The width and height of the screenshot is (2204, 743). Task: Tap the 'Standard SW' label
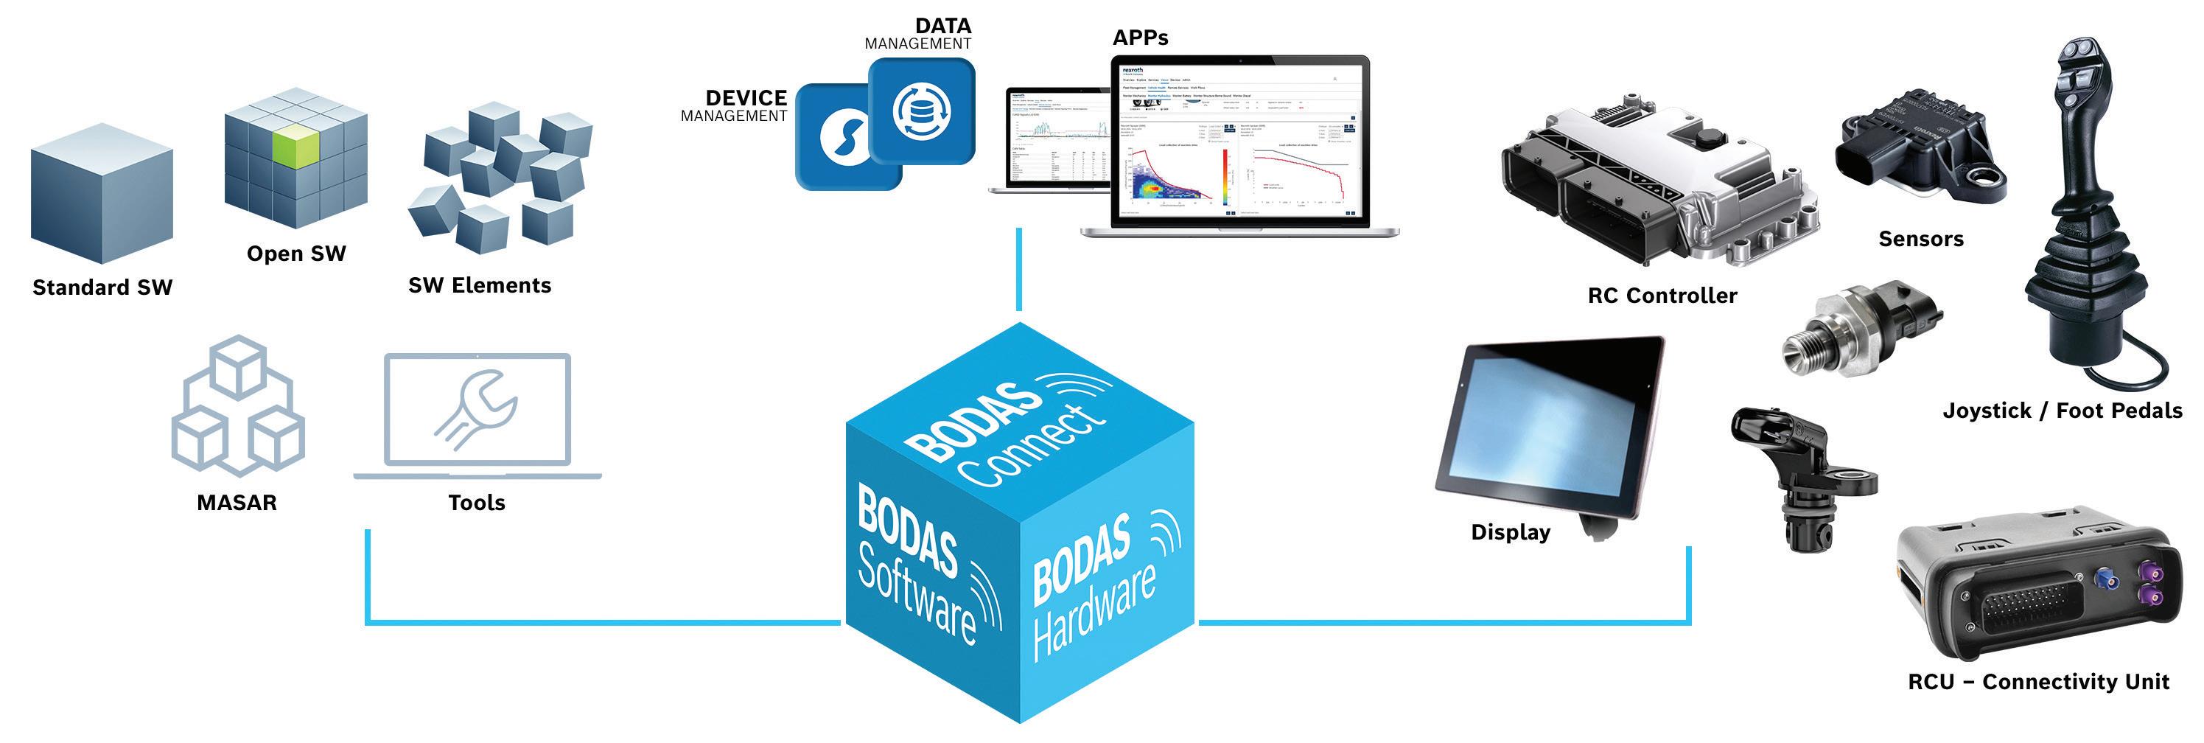(x=102, y=287)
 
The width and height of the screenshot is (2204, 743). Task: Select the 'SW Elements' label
(x=479, y=285)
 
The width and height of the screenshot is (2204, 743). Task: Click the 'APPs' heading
(x=1140, y=38)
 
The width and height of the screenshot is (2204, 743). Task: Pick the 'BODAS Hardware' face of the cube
(x=1104, y=582)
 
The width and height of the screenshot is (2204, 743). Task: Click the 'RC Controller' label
(x=1662, y=296)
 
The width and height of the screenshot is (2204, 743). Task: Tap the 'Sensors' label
(x=1921, y=239)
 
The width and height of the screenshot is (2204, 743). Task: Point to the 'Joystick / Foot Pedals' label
(x=2062, y=411)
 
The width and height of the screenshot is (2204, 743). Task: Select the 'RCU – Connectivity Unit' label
(x=2038, y=683)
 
